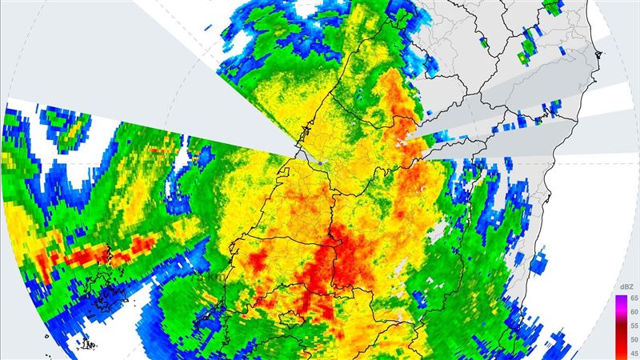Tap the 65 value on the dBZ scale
click(632, 298)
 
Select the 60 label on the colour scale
click(632, 312)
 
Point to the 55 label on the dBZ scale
click(632, 326)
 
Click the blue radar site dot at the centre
click(320, 162)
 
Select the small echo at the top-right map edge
click(551, 7)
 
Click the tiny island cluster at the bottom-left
click(86, 346)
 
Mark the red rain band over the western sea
click(96, 256)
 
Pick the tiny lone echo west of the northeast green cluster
click(486, 41)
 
